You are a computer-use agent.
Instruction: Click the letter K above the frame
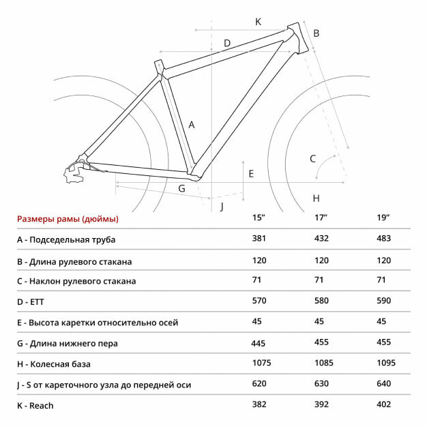(x=259, y=21)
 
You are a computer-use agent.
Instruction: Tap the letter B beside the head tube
(x=316, y=33)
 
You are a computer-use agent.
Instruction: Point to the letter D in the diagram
(x=227, y=43)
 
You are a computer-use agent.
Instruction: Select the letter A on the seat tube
(x=192, y=125)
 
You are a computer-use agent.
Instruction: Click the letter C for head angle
(x=313, y=159)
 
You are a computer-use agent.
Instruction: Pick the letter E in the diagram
(x=251, y=174)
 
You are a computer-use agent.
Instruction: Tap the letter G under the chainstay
(x=182, y=188)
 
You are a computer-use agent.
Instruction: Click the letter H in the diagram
(x=316, y=198)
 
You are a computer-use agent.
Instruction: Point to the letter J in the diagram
(x=222, y=205)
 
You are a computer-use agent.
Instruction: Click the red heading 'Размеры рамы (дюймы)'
(x=68, y=219)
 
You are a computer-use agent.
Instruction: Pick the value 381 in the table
(x=259, y=238)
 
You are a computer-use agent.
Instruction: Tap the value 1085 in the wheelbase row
(x=324, y=363)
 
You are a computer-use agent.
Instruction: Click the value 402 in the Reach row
(x=384, y=404)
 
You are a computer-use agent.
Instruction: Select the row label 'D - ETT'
(x=35, y=301)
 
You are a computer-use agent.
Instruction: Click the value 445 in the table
(x=259, y=344)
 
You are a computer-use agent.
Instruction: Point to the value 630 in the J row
(x=322, y=383)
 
